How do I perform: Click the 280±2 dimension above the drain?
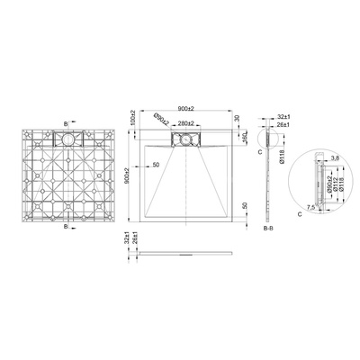[x=186, y=121]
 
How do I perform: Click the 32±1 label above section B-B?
[x=284, y=117]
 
